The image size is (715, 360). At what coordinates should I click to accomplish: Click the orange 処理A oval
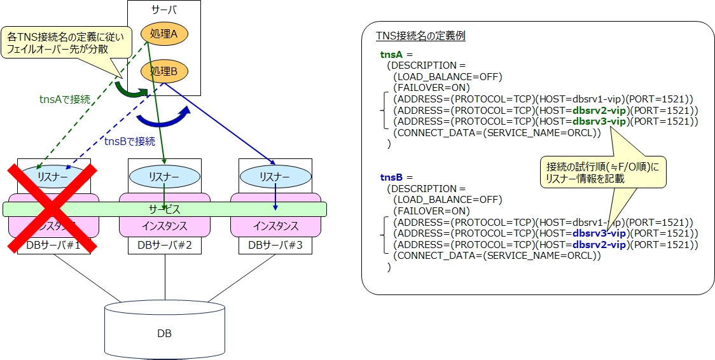tap(164, 35)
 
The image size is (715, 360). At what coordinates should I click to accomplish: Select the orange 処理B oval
tap(164, 71)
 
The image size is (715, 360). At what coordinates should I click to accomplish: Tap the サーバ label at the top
tap(164, 11)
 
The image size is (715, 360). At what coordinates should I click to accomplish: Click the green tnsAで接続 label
tap(64, 99)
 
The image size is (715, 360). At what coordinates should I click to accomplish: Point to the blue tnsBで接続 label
tap(129, 141)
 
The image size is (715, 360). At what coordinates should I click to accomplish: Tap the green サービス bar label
tap(165, 209)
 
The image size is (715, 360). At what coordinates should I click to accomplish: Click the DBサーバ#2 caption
tap(165, 246)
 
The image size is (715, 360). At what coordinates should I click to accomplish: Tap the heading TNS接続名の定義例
tap(420, 36)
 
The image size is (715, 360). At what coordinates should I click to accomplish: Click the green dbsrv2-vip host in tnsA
tap(600, 111)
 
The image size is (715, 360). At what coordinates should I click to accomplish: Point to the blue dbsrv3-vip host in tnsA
tap(600, 121)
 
